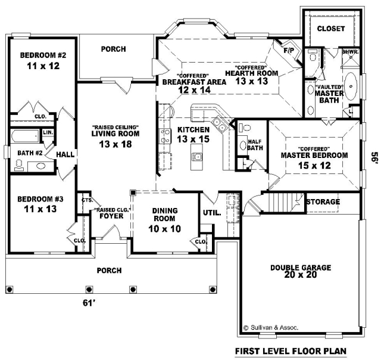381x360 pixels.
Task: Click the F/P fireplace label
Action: click(289, 50)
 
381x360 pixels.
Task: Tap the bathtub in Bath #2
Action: click(24, 136)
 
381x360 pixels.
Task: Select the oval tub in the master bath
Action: click(351, 86)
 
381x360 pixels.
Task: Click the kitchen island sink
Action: click(196, 156)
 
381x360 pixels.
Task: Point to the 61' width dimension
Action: click(89, 303)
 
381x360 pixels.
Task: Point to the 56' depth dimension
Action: click(374, 157)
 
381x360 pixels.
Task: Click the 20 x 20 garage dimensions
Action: click(300, 275)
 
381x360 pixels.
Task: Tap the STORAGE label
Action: click(323, 201)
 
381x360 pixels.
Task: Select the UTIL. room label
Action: click(212, 213)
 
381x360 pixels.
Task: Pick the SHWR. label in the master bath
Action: click(351, 52)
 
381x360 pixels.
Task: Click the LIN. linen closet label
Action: click(48, 132)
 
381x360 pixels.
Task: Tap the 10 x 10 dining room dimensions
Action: click(164, 229)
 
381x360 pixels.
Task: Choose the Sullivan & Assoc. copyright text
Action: click(270, 327)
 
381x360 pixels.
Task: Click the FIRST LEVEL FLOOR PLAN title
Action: click(291, 351)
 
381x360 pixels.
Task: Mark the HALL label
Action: click(65, 154)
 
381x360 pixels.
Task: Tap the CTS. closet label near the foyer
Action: click(87, 200)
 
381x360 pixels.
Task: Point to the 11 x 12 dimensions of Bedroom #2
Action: click(43, 66)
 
